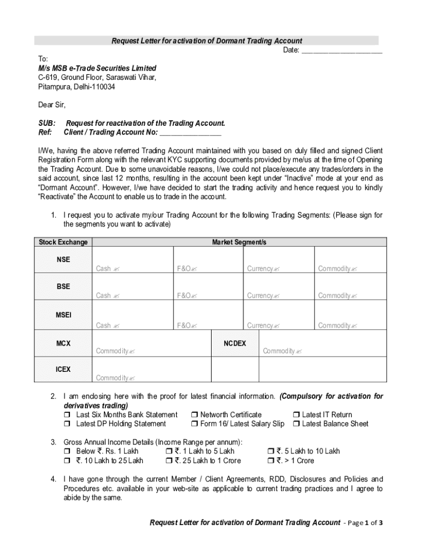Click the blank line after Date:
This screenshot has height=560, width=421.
(342, 51)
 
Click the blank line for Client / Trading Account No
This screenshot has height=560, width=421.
(190, 133)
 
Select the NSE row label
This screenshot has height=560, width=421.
(63, 259)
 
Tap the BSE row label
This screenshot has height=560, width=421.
(63, 287)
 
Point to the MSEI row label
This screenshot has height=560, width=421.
(63, 316)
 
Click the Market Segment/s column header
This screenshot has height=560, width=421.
(239, 242)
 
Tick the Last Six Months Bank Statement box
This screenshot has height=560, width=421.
(67, 415)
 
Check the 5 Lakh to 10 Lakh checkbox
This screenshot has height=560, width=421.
(271, 452)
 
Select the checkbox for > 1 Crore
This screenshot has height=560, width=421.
(271, 461)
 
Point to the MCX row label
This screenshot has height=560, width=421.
(63, 343)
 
